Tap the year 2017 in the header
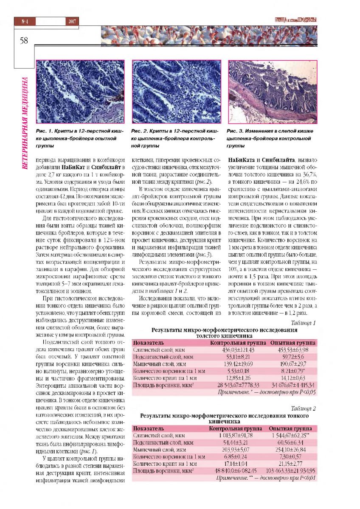tap(71, 21)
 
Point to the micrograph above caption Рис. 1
tap(80, 92)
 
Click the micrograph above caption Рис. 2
tap(176, 92)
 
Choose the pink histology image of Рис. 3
tap(272, 92)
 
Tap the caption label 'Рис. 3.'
tap(236, 131)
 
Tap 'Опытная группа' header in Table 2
tap(290, 428)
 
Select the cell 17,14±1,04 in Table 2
tap(236, 464)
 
